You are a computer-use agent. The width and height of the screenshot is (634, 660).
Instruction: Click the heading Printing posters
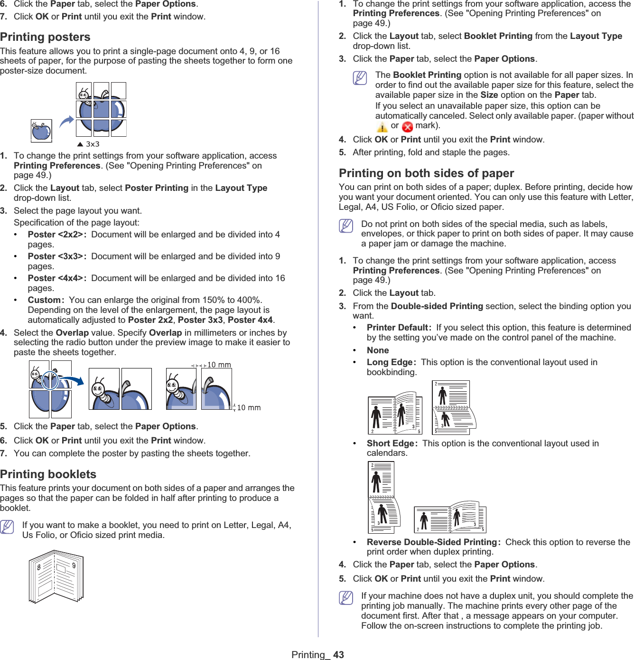coord(45,37)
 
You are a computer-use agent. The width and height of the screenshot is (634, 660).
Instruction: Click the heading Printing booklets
coord(48,474)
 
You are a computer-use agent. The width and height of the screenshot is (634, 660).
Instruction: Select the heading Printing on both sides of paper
coord(426,173)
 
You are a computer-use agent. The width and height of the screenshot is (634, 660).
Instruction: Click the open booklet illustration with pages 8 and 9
coord(56,576)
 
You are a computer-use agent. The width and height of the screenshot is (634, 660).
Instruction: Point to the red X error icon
coord(407,127)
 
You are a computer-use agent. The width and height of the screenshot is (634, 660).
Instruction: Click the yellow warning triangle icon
coord(382,127)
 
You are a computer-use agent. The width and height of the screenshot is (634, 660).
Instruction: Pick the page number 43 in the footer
coord(338,655)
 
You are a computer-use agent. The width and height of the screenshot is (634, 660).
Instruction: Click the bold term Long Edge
coord(390,362)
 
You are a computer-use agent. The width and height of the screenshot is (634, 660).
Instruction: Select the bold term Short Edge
coord(391,443)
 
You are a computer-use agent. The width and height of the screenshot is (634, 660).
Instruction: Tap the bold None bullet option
coord(378,350)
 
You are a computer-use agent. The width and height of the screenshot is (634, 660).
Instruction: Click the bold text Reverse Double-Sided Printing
coord(431,542)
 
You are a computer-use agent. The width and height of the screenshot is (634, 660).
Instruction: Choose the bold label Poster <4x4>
coord(55,278)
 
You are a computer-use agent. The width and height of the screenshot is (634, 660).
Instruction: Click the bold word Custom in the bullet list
coord(44,300)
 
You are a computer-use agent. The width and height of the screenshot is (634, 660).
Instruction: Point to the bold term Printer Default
coord(398,328)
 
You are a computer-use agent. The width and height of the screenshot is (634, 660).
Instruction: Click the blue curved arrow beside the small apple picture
coord(66,122)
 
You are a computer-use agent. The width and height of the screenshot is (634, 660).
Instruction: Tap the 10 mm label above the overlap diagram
coord(219,365)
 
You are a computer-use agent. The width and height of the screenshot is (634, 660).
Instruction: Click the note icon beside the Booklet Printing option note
coord(360,77)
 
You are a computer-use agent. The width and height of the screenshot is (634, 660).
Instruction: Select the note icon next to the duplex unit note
coord(346,598)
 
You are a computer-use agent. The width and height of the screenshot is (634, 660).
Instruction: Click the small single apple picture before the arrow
coord(41,131)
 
